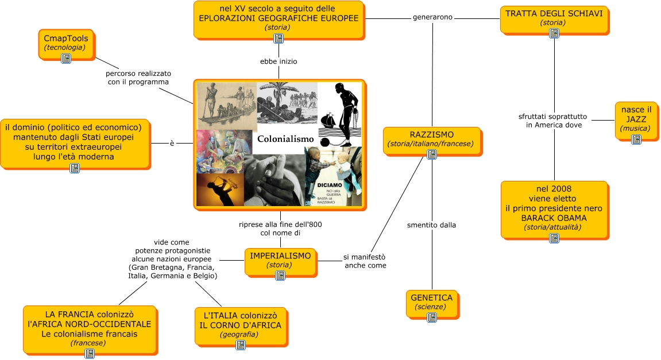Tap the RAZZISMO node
[431, 140]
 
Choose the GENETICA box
[432, 302]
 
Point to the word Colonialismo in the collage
[285, 139]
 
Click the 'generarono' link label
[432, 17]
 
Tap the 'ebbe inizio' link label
[279, 61]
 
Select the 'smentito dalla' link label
[431, 225]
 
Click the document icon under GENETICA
[432, 317]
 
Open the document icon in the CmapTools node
[66, 59]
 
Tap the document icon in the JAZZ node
[636, 140]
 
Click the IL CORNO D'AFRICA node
[240, 325]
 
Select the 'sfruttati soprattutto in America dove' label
[554, 121]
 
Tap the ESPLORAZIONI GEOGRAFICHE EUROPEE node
[279, 18]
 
